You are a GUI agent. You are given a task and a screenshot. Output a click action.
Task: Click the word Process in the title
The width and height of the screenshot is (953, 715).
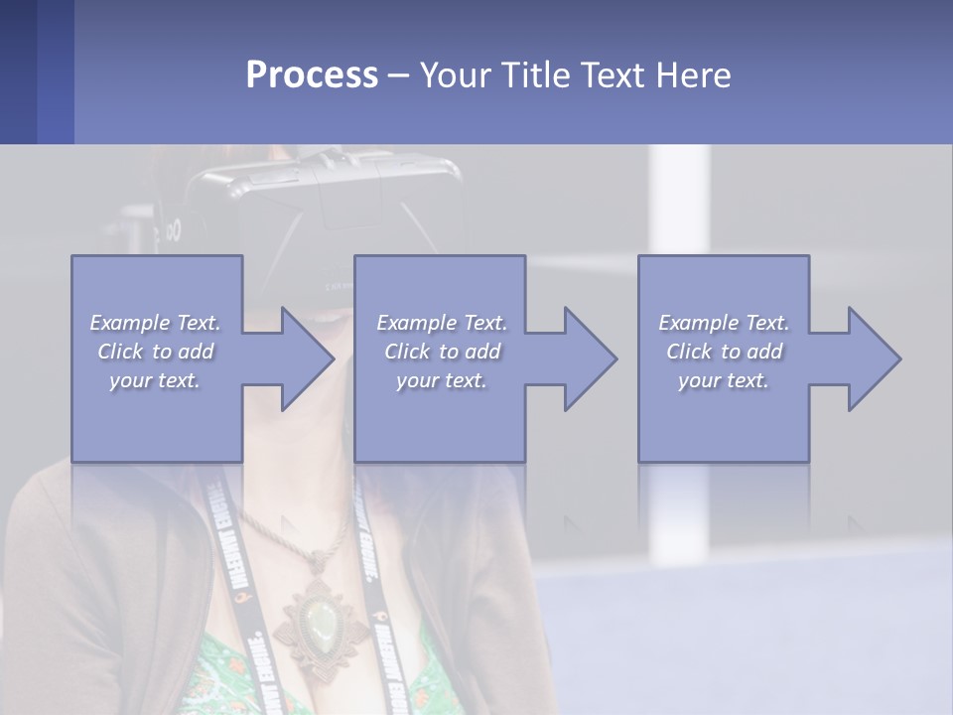[312, 75]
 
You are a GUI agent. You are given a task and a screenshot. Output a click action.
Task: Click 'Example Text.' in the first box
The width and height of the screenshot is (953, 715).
[156, 323]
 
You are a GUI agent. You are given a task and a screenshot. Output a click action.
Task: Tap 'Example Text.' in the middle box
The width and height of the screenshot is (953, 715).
[442, 323]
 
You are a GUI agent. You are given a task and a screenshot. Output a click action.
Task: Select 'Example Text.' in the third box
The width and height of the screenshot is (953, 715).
[724, 323]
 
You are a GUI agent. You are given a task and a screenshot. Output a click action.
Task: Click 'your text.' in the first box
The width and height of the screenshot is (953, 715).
[156, 380]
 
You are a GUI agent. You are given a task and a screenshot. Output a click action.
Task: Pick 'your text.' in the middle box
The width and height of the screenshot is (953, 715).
[442, 380]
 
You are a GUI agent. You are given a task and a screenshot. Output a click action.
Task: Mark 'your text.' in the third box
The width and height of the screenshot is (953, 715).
[724, 380]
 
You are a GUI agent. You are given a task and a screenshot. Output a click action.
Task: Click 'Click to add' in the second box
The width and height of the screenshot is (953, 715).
[442, 352]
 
